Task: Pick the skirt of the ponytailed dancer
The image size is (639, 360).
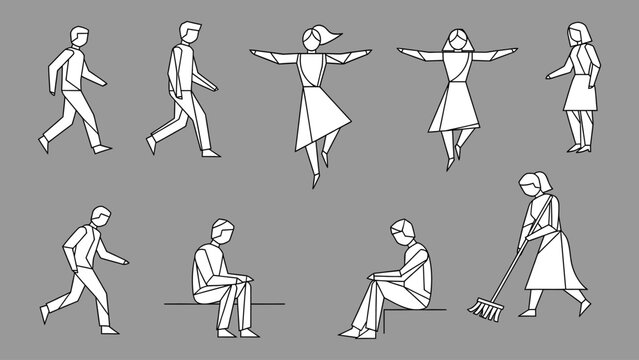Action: (x=313, y=111)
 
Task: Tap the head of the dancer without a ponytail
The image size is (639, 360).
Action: (x=458, y=40)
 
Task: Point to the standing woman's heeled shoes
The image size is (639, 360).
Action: (x=578, y=148)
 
